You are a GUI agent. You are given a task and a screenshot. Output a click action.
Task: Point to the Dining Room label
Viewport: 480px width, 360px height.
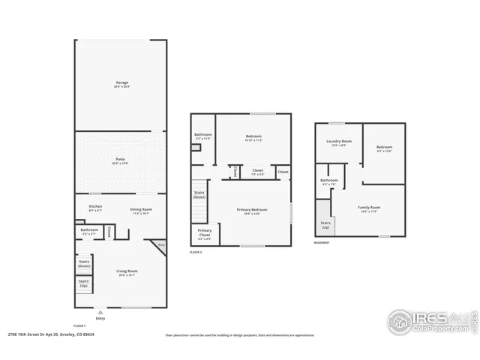point(141,211)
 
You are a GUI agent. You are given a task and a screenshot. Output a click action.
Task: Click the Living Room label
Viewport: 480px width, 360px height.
point(127,272)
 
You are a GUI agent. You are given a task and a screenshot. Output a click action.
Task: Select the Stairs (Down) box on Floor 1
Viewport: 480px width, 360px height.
point(84,263)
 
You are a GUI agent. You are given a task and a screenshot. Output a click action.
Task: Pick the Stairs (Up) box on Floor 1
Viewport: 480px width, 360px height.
point(84,284)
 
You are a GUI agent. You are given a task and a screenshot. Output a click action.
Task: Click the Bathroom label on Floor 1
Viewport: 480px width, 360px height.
point(90,231)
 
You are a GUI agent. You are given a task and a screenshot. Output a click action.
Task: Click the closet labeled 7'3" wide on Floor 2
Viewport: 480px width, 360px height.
point(257,172)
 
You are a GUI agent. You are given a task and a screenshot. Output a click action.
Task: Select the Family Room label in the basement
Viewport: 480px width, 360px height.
point(369,209)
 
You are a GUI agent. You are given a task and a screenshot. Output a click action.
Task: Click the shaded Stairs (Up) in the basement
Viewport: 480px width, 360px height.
point(325,223)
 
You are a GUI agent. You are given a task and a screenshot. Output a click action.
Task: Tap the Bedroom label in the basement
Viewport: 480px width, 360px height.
point(384,148)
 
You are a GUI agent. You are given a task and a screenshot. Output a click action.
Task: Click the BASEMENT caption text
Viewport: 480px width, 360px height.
point(323,242)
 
